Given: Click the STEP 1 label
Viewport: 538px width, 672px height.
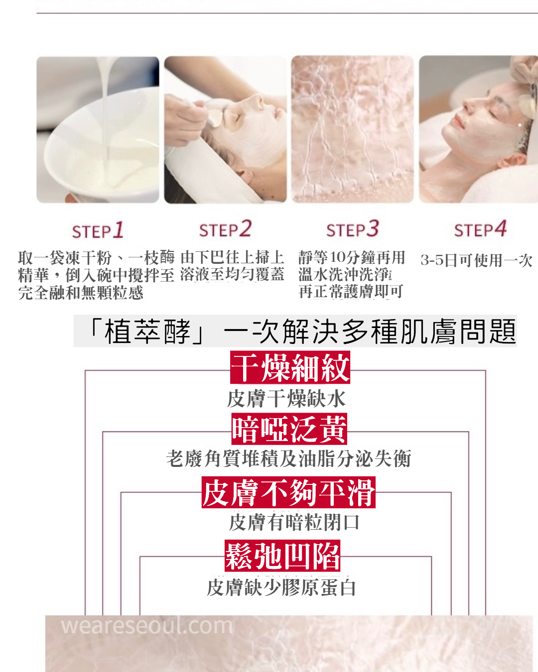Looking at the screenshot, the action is tap(98, 230).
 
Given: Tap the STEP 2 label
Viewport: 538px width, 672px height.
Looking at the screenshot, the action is tap(225, 229).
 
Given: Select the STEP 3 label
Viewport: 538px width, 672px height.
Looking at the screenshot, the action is tap(353, 229).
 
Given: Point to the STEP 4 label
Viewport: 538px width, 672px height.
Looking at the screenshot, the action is tap(480, 229).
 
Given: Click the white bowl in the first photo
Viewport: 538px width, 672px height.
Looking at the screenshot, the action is tap(100, 147).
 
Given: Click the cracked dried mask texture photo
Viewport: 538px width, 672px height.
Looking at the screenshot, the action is tap(352, 129).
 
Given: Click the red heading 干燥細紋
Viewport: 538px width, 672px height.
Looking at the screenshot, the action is tap(290, 367).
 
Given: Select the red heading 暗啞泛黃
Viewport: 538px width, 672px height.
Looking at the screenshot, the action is tap(289, 429).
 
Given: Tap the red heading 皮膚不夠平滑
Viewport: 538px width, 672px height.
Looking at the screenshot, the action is tap(288, 492).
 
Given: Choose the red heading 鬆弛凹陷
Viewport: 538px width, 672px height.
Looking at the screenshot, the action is tap(282, 556).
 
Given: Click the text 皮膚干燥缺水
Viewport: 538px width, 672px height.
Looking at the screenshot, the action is tap(286, 399).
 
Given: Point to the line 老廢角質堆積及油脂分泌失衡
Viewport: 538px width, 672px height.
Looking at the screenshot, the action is tap(288, 458).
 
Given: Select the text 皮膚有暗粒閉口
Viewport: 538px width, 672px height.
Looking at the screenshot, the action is tap(294, 523).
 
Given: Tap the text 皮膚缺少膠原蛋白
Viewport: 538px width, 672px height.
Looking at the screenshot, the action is tap(281, 588).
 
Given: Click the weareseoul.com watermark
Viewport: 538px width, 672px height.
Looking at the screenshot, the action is tap(147, 626).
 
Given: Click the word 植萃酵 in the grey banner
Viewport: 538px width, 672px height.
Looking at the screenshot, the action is tap(147, 332).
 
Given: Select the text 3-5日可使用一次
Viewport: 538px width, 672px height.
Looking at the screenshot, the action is tap(476, 260).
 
